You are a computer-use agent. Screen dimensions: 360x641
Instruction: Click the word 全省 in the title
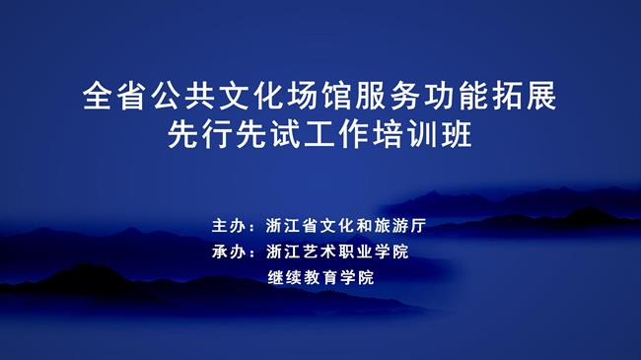116,98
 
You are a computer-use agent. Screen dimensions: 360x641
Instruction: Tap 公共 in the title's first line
184,98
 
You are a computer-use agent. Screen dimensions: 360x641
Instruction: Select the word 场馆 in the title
320,98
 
